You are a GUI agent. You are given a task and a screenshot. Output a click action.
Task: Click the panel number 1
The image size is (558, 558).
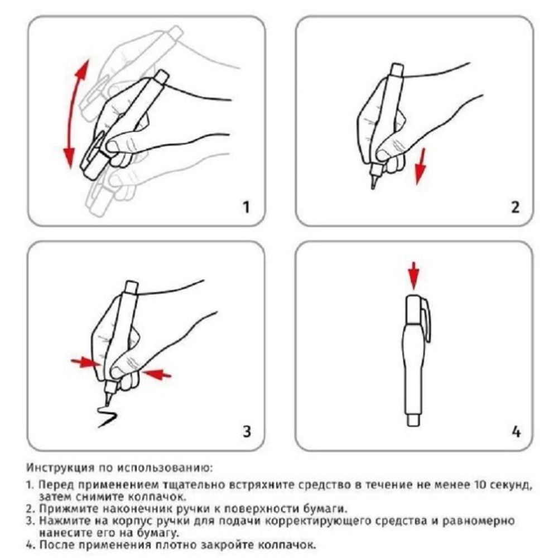[246, 208]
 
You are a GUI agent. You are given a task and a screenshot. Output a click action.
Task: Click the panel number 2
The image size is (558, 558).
[514, 208]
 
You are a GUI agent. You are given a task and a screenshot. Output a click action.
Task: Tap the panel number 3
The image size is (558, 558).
[246, 431]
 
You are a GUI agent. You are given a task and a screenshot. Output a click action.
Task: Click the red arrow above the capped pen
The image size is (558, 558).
[413, 274]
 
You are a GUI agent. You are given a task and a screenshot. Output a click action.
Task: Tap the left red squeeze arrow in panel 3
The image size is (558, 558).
[84, 362]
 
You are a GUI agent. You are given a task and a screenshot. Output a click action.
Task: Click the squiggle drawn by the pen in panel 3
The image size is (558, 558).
[106, 416]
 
